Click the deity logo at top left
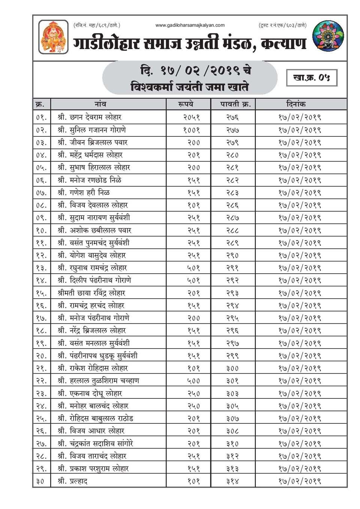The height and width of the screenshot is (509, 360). tap(53, 37)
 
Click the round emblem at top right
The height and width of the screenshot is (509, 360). tap(328, 36)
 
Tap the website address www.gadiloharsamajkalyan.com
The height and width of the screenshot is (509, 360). tap(190, 25)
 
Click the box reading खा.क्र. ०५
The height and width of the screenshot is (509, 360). tap(312, 78)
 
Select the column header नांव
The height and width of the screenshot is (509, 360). tap(100, 104)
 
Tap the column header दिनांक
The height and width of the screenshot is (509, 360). tap(296, 104)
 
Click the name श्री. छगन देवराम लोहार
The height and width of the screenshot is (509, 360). tap(90, 117)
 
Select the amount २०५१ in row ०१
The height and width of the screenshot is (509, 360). tap(192, 118)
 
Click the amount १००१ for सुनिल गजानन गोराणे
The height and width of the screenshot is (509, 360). tap(192, 130)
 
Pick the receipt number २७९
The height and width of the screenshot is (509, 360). tap(232, 143)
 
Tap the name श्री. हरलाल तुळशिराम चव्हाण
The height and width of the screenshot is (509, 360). tap(98, 381)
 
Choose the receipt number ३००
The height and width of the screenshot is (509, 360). tap(232, 368)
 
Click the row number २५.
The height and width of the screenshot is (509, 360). tap(41, 419)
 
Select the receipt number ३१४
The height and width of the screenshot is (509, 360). tap(232, 481)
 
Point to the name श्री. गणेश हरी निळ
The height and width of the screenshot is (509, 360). tap(84, 193)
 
